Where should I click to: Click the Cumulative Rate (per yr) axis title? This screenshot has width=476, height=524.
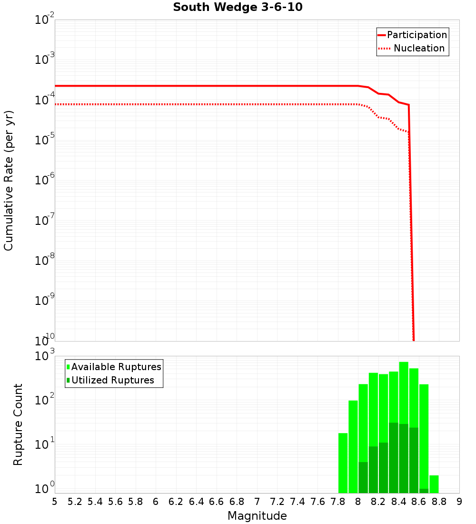click(9, 181)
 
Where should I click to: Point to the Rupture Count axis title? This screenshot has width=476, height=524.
click(18, 424)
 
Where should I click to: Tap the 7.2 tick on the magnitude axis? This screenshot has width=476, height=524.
click(277, 502)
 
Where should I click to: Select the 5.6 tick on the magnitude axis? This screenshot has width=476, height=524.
click(115, 502)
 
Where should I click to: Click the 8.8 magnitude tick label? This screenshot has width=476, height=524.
click(439, 502)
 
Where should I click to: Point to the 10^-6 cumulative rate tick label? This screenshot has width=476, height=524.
click(46, 180)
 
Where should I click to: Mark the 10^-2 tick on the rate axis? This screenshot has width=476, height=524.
click(46, 20)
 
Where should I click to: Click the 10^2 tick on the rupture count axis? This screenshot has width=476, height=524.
click(46, 400)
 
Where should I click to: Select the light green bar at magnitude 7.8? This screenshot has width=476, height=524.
click(343, 462)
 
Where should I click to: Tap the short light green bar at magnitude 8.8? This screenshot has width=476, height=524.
click(434, 484)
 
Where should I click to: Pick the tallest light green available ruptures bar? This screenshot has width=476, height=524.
click(404, 381)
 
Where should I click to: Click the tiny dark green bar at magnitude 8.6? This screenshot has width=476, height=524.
click(424, 491)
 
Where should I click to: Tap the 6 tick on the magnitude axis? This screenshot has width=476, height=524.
click(156, 502)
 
